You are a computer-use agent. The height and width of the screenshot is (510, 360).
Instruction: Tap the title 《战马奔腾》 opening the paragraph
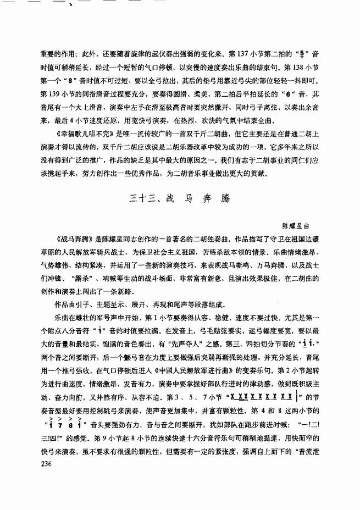[76, 240]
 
